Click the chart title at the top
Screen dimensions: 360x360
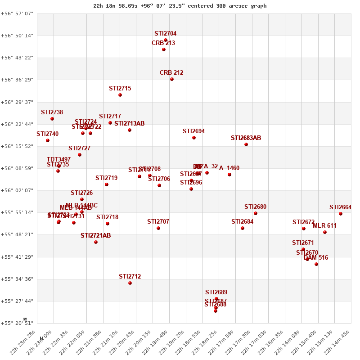point(180,6)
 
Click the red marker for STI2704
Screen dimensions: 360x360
point(166,40)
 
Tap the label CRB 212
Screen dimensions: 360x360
point(171,72)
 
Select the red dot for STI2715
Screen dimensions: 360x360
point(120,95)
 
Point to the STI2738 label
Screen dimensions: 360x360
point(52,112)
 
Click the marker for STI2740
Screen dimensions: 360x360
point(48,140)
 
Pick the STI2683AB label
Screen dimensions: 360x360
point(246,138)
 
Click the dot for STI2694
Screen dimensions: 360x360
point(194,138)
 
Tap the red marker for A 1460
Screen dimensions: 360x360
point(229,175)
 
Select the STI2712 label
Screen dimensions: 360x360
point(130,276)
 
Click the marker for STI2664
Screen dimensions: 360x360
point(341,214)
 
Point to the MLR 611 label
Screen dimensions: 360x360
point(324,225)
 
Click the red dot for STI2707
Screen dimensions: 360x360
point(158,228)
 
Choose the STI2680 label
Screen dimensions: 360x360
point(255,207)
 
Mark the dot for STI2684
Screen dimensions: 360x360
point(243,228)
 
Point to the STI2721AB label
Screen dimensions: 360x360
point(95,235)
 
